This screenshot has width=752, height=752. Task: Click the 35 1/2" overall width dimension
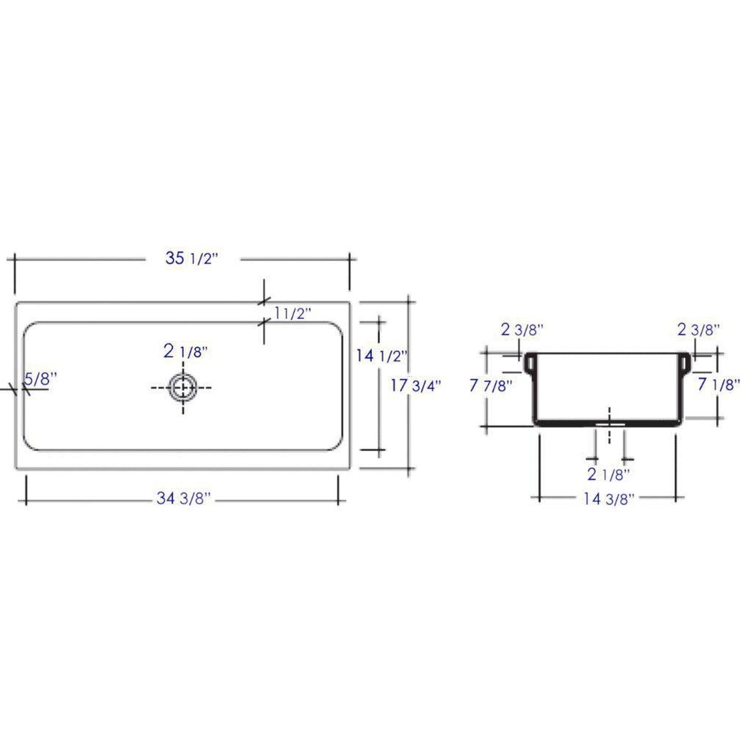[x=190, y=258]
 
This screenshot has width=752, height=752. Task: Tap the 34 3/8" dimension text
[x=184, y=499]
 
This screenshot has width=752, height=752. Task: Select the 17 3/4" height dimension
[x=415, y=386]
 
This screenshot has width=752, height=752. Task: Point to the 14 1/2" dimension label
[x=380, y=356]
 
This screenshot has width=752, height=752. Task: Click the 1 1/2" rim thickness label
[x=292, y=313]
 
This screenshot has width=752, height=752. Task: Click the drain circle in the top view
[x=183, y=388]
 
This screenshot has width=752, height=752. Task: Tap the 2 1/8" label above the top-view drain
[x=185, y=351]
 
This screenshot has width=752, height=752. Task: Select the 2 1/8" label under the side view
[x=608, y=474]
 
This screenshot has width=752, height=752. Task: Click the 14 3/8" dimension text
[x=608, y=499]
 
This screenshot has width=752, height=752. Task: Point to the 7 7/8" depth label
[x=490, y=386]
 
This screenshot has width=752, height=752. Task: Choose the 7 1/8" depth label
[x=718, y=385]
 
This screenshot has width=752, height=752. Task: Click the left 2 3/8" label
[x=522, y=329]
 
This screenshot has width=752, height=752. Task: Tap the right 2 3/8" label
[x=698, y=329]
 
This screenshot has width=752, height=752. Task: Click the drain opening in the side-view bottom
[x=609, y=424]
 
